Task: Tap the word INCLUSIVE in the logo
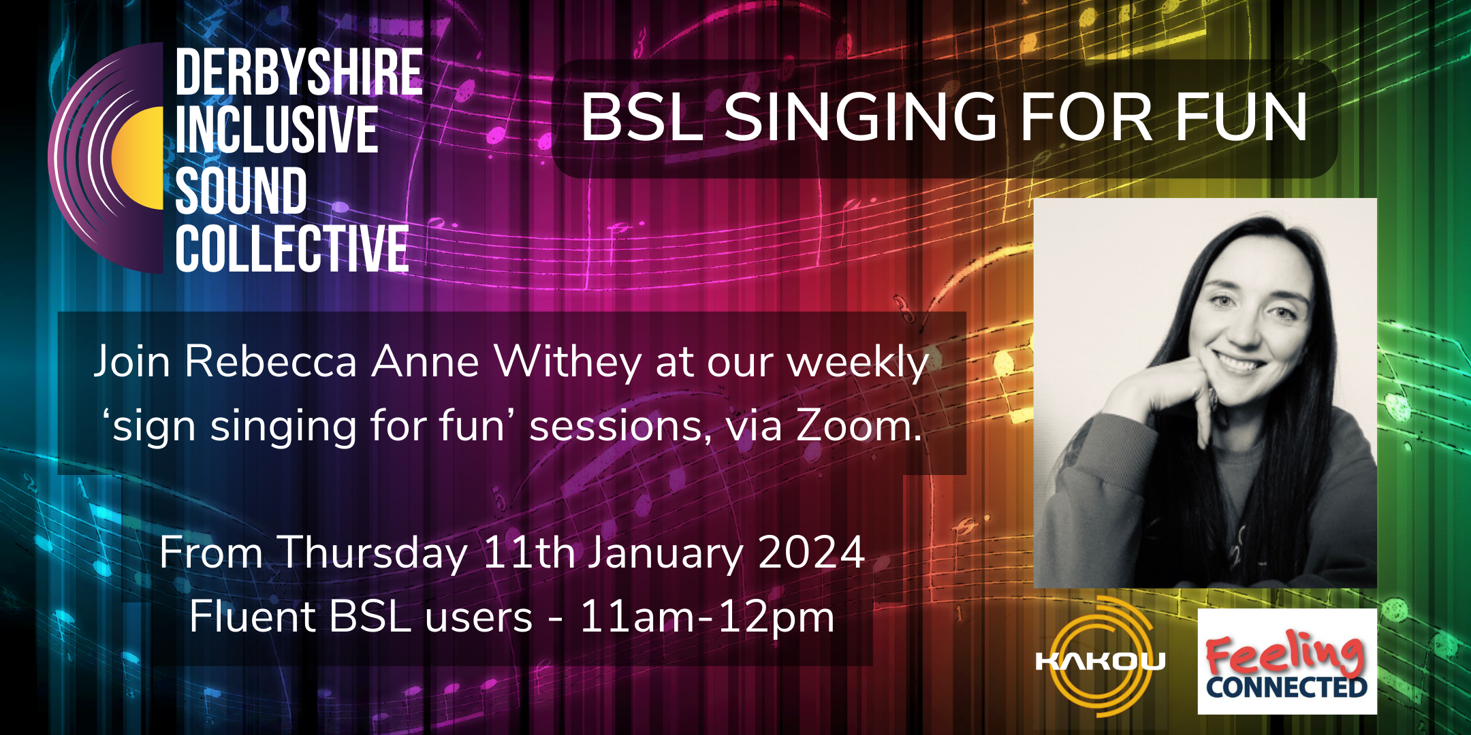276,130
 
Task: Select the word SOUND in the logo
241,190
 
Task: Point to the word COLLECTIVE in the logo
292,248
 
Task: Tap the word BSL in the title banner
642,118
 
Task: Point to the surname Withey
567,363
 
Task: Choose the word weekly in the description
858,363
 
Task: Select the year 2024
812,552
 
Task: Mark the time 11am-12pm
707,618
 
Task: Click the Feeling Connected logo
1287,661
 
